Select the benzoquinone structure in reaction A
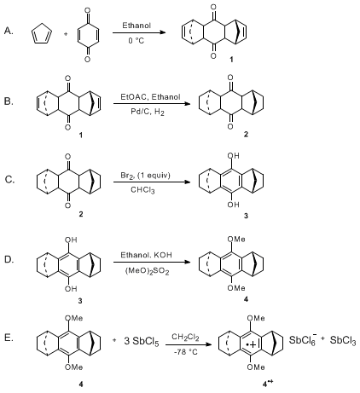point(88,35)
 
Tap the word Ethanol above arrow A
point(136,26)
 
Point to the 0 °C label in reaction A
point(136,41)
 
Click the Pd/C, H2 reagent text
point(148,112)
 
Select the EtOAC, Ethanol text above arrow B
point(150,97)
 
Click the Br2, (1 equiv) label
point(145,176)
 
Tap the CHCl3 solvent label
point(142,190)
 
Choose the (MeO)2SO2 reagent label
point(147,271)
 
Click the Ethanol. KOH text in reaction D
point(146,255)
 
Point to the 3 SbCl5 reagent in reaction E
point(142,341)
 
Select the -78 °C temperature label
point(186,352)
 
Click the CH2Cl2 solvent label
point(185,338)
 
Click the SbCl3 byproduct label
point(343,340)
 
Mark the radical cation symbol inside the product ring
point(251,344)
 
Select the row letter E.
point(9,338)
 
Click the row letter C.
point(9,180)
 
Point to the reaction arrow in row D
point(152,262)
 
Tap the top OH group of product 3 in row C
point(233,156)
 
